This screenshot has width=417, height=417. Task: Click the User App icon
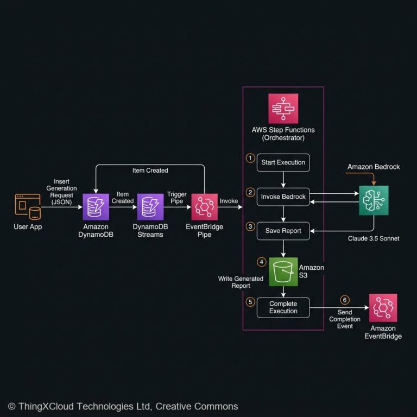[x=27, y=207]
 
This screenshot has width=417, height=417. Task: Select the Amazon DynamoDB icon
[x=96, y=207]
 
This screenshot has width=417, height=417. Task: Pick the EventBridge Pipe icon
[x=204, y=207]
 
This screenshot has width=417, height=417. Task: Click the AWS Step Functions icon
[x=283, y=109]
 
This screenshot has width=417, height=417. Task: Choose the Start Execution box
[x=283, y=162]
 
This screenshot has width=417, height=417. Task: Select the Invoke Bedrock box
[x=283, y=197]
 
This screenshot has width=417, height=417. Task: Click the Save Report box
[x=283, y=231]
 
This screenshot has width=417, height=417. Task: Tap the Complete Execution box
[x=283, y=307]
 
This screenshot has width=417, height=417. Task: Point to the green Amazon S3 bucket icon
[x=283, y=271]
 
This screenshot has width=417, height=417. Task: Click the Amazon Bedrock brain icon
[x=374, y=200]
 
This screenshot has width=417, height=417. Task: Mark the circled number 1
[x=250, y=158]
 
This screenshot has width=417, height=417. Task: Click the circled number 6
[x=344, y=300]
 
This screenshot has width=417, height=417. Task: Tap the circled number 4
[x=262, y=262]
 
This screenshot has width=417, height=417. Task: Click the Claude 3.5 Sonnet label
[x=374, y=238]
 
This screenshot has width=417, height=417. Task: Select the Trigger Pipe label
[x=177, y=198]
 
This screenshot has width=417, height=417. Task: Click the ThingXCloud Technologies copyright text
[x=123, y=406]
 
